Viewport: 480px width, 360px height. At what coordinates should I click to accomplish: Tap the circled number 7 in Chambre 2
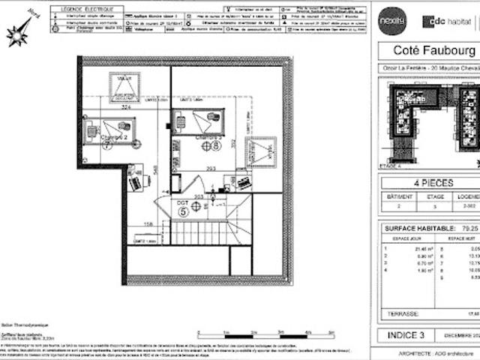[x=107, y=146]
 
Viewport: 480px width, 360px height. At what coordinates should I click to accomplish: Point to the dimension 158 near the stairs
[x=148, y=223]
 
